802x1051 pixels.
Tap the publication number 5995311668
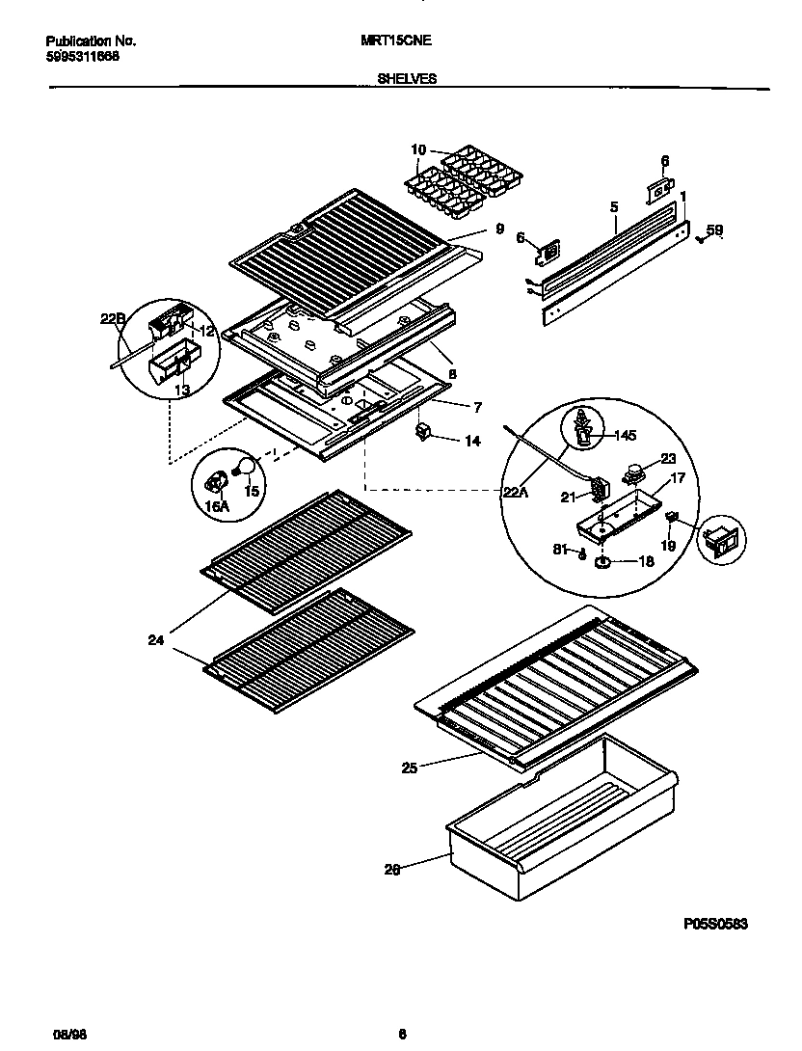(84, 56)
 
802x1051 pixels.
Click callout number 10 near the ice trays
(417, 149)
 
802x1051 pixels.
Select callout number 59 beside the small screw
(713, 229)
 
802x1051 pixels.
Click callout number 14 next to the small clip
(472, 441)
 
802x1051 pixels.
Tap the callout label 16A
(220, 503)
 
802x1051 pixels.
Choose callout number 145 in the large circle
(627, 435)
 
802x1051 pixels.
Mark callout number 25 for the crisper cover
(410, 768)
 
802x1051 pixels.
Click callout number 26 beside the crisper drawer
(391, 868)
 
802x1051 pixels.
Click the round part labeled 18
(602, 561)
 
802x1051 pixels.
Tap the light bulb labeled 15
(247, 468)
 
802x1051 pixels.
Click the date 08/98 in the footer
(63, 1035)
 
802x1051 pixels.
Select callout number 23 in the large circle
(668, 459)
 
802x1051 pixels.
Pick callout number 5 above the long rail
(613, 206)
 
